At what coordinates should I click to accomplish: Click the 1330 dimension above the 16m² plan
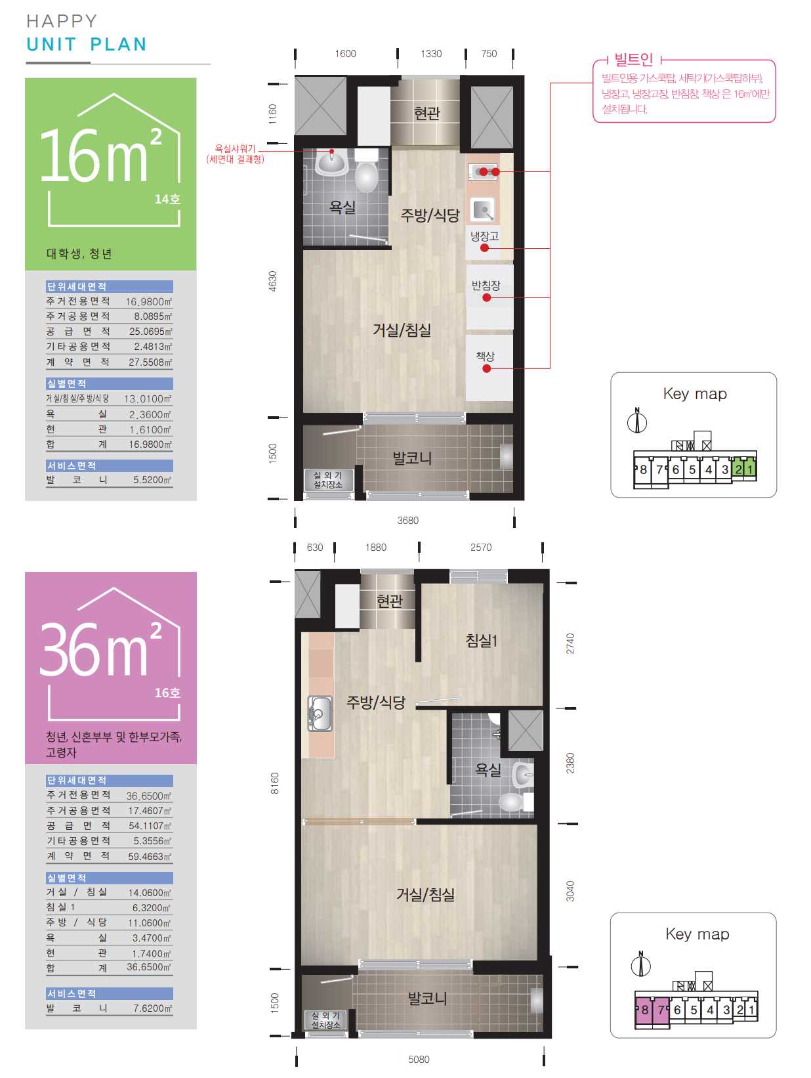coord(430,54)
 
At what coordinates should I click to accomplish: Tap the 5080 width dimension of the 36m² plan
coord(418,1059)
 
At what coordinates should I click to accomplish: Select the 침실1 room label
coord(481,639)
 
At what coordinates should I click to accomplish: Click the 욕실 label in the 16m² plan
coord(342,207)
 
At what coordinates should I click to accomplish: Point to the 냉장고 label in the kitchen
coord(484,236)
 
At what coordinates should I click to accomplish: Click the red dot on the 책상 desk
coord(486,368)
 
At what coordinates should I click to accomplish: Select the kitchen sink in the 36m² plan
coord(320,713)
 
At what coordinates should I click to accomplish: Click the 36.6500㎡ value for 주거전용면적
coord(148,796)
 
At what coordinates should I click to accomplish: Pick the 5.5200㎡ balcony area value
coord(153,480)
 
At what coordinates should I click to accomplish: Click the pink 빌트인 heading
coord(633,60)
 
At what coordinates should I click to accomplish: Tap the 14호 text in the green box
coord(167,199)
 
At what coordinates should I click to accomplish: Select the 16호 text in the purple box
coord(167,693)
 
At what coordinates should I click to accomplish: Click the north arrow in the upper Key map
coord(637,421)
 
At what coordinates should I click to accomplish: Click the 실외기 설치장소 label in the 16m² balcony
coord(327,480)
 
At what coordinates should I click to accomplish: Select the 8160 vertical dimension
coord(274,783)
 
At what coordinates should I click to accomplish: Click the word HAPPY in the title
coord(62,21)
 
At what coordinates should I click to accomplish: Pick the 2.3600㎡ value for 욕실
coord(150,414)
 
